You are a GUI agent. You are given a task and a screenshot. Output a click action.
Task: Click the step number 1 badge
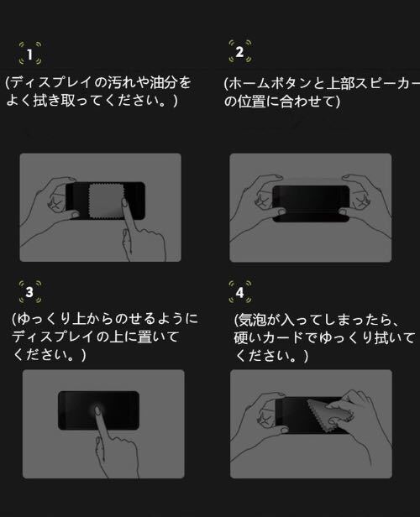(30, 55)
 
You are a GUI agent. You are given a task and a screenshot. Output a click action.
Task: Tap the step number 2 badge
(239, 52)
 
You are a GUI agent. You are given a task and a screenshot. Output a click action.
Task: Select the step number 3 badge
(29, 293)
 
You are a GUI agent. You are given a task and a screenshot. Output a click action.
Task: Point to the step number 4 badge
(239, 293)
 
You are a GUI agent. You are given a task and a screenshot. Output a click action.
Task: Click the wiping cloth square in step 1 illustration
(107, 201)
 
